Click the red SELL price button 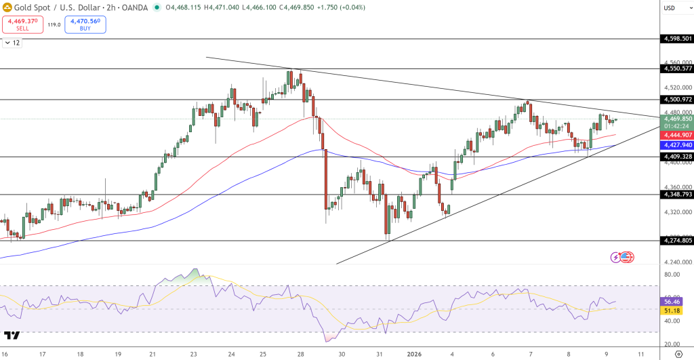tap(22, 25)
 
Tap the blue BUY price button tap(85, 25)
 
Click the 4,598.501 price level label tap(678, 39)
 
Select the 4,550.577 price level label tap(678, 68)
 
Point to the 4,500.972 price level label tap(678, 100)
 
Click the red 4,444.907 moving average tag tap(678, 134)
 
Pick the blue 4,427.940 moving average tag tap(678, 144)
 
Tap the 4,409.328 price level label tap(678, 157)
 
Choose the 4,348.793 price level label tap(678, 195)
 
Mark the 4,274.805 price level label tap(678, 240)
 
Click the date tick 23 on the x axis tap(194, 354)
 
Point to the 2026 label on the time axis tap(415, 354)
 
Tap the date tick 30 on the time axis tap(342, 354)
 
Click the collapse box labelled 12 tap(12, 43)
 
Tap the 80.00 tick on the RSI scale tap(672, 275)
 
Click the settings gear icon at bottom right tap(678, 354)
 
